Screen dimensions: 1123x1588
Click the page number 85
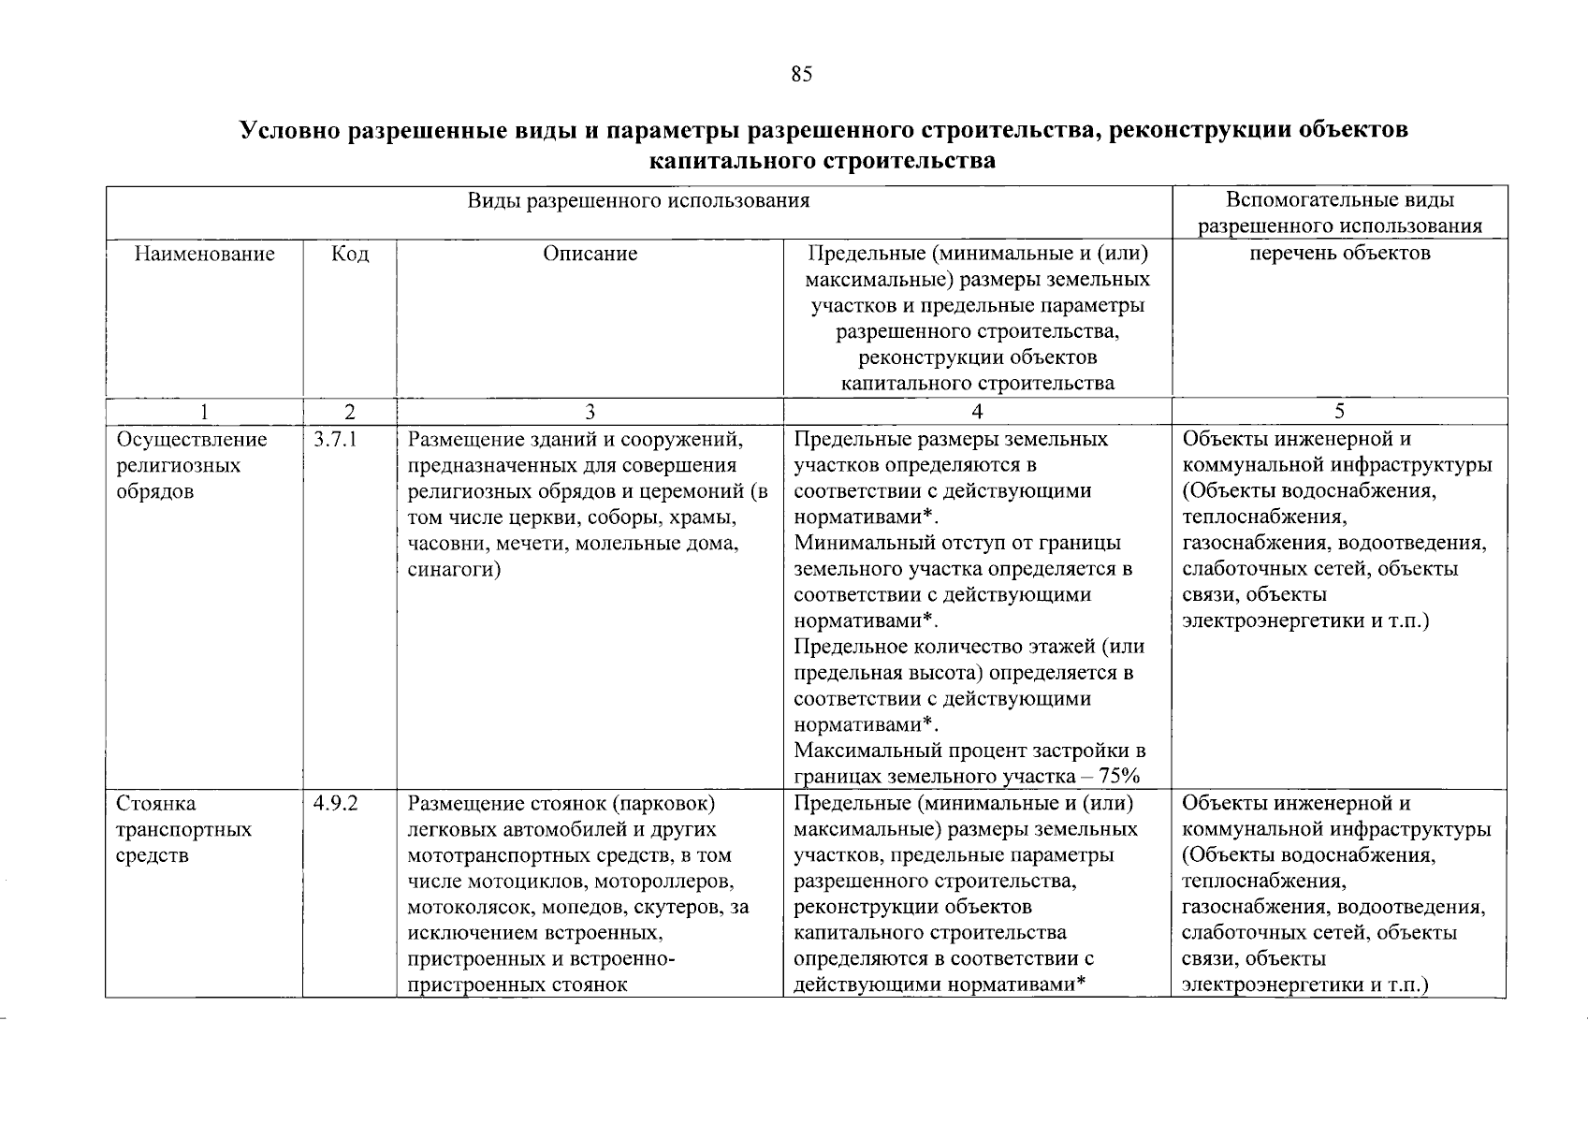(x=801, y=76)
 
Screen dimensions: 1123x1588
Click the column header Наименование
(x=205, y=254)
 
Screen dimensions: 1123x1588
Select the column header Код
(x=350, y=254)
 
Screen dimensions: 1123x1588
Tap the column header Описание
(x=590, y=254)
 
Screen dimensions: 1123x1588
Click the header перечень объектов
(x=1339, y=254)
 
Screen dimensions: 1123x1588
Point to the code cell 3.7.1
(x=331, y=440)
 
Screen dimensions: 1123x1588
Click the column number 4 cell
(x=977, y=412)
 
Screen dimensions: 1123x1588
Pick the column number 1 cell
(x=205, y=412)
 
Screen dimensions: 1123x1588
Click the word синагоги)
(x=454, y=570)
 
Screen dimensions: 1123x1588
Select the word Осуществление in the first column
(x=192, y=440)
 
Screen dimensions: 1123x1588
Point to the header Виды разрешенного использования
(x=639, y=200)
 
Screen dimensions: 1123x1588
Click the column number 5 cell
(x=1339, y=412)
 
